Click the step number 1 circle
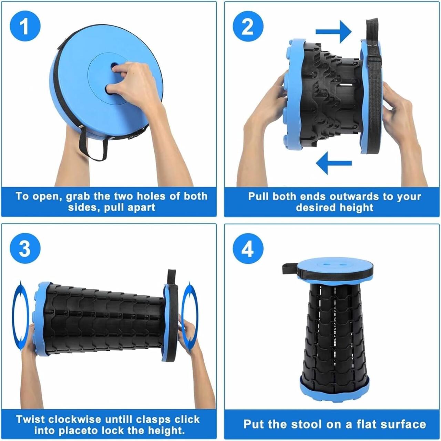25,27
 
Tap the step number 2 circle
248,27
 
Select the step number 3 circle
25,249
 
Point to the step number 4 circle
248,249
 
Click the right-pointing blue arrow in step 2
334,32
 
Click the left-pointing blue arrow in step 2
334,163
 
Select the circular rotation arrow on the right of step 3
190,315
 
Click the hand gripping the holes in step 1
133,83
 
